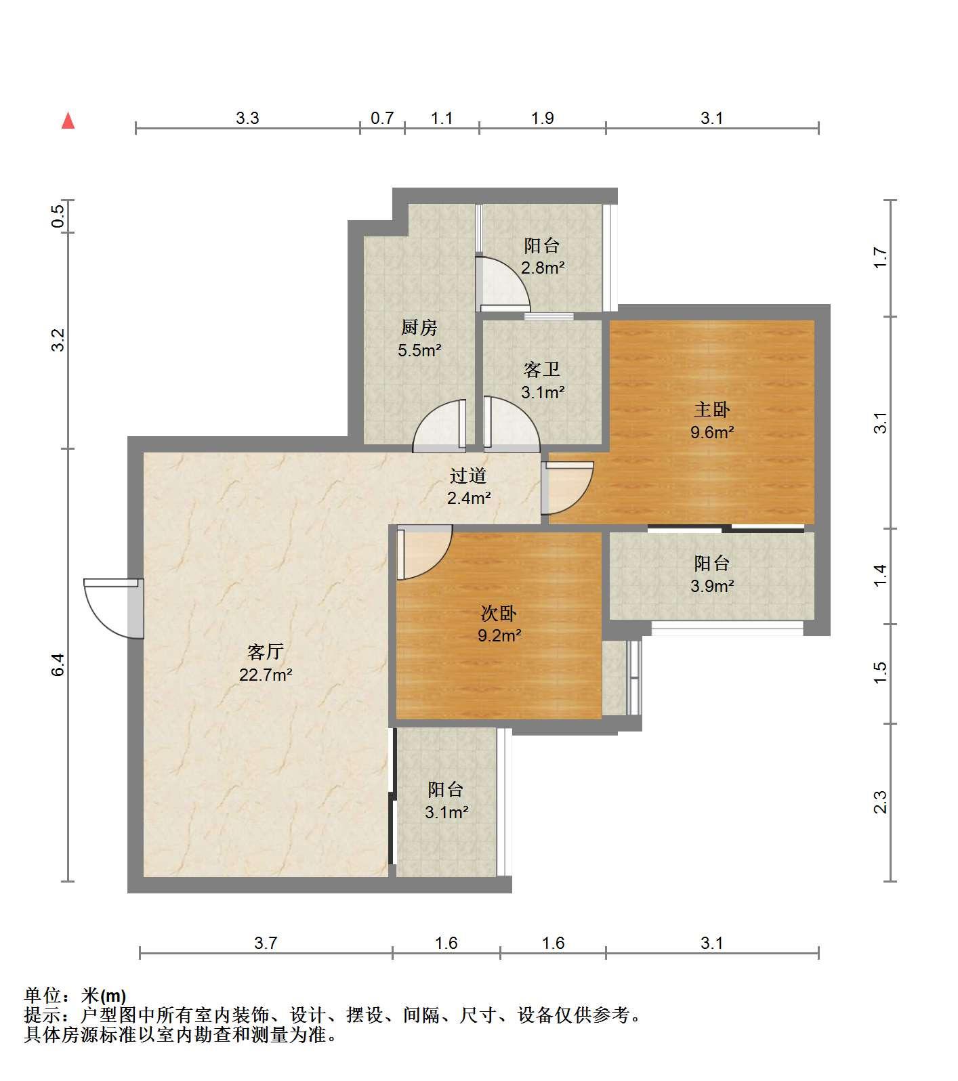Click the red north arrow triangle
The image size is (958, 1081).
(68, 121)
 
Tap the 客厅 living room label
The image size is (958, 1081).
(266, 652)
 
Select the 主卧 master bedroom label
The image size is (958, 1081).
(712, 410)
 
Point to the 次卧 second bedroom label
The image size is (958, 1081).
(499, 613)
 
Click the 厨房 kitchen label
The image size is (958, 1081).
(419, 328)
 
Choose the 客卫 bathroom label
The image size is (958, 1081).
(542, 370)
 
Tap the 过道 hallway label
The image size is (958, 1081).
(469, 476)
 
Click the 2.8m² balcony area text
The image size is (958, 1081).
(543, 268)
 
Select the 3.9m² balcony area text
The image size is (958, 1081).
(712, 586)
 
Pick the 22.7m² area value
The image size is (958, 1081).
(266, 675)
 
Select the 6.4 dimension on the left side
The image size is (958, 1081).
(59, 664)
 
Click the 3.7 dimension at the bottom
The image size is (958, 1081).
(266, 943)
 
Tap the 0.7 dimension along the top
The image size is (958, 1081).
(382, 118)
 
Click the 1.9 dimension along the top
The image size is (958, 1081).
(543, 118)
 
